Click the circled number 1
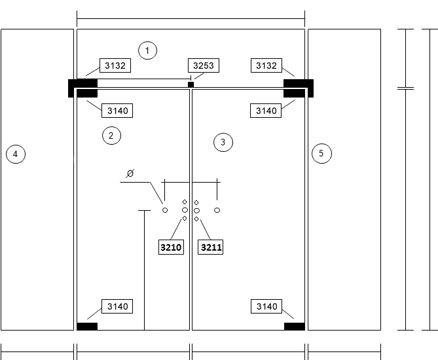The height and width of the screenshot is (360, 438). tap(147, 50)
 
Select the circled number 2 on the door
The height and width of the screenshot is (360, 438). tap(111, 135)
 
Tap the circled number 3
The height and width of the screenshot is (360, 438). tap(223, 143)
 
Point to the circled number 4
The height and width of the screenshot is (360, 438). tap(16, 154)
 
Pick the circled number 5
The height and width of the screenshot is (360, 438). tap(321, 153)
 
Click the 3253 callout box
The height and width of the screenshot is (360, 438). tap(204, 65)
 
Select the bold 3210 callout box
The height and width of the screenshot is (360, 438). tap(171, 247)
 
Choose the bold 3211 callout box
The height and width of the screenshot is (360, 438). tap(211, 247)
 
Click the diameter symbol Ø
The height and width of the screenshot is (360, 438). tap(130, 173)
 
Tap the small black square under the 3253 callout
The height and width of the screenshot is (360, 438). tap(191, 84)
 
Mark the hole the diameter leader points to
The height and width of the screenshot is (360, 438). tap(165, 210)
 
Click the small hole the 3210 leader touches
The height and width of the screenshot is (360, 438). tap(185, 219)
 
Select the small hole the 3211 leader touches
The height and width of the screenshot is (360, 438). tap(196, 219)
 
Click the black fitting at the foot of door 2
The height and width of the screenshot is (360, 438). tap(87, 327)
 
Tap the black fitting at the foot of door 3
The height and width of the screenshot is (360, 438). tap(295, 327)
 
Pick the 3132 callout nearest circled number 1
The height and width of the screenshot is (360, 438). tap(115, 65)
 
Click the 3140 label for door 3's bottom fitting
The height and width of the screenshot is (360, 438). tap(266, 306)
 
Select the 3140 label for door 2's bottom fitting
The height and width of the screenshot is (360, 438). tap(117, 306)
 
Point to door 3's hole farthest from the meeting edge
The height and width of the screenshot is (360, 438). tap(217, 210)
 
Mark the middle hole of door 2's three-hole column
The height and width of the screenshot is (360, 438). tap(185, 210)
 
